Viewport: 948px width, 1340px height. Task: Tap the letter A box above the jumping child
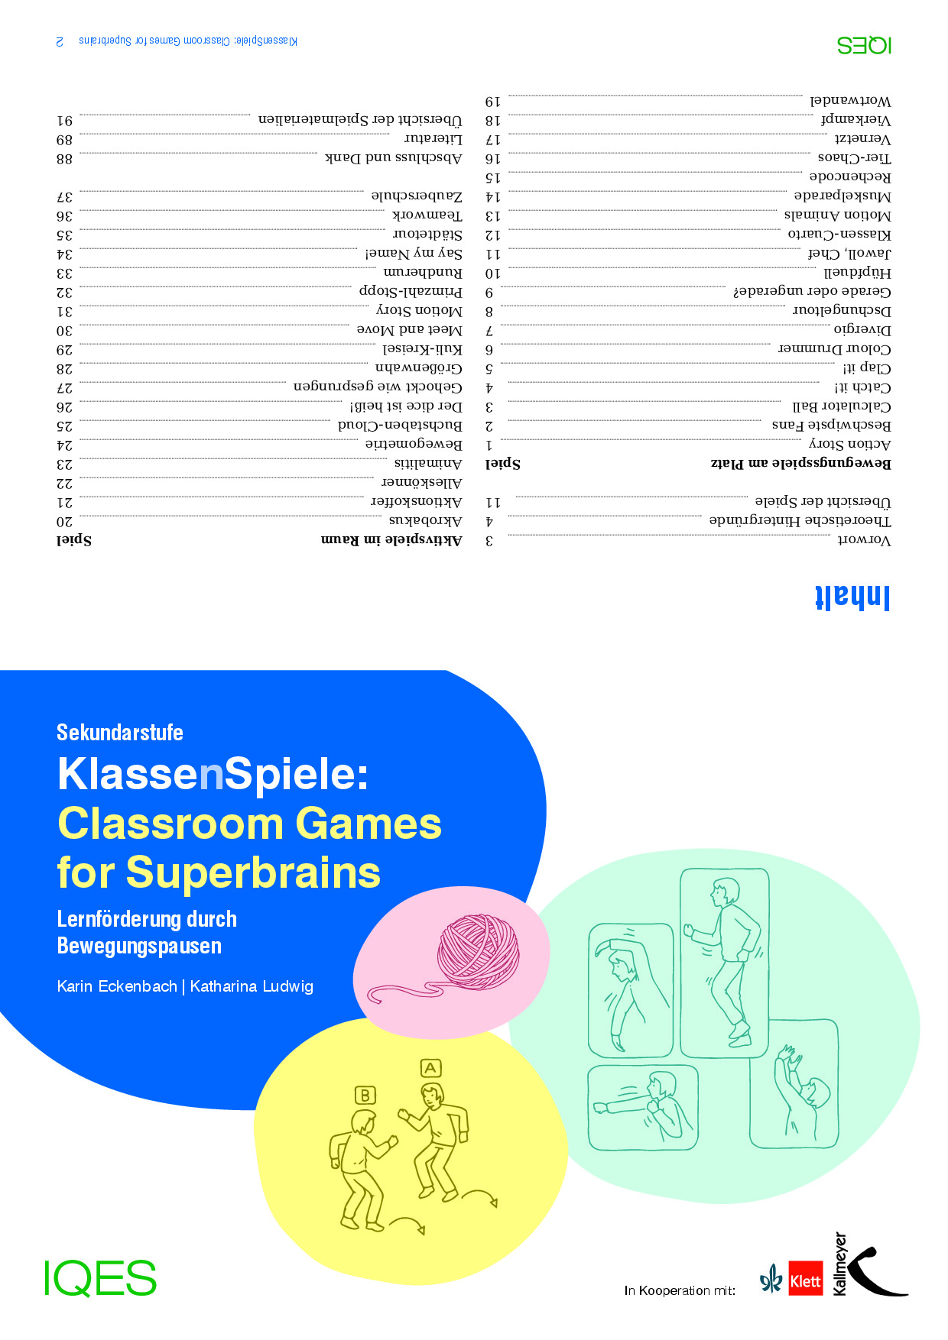430,1068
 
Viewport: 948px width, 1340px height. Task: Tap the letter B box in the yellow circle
365,1095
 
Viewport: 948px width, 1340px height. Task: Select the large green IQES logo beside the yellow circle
100,1278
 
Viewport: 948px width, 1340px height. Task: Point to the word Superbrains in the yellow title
253,872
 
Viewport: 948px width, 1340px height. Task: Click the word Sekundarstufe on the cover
120,733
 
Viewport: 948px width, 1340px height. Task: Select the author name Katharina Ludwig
252,986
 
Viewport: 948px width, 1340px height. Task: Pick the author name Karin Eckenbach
117,986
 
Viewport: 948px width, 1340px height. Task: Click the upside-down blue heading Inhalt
852,597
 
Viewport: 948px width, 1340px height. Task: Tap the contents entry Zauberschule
417,196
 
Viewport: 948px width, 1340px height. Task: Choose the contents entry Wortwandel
850,101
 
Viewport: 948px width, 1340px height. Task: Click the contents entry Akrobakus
425,521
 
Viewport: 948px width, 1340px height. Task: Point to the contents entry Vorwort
865,540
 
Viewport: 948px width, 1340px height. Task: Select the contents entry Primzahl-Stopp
411,292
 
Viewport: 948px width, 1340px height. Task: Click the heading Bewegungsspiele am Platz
800,463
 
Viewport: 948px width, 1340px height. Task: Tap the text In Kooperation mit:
680,1290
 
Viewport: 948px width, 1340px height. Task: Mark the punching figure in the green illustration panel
642,1106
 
